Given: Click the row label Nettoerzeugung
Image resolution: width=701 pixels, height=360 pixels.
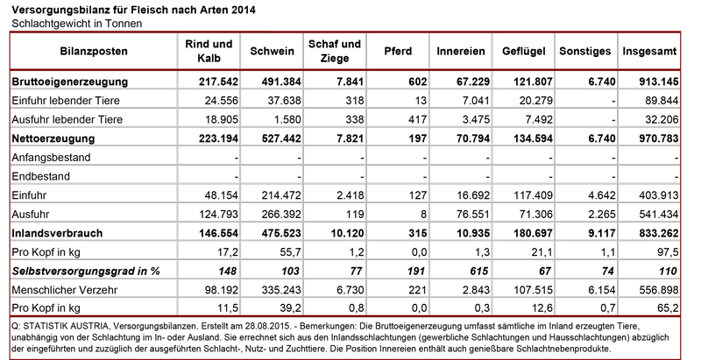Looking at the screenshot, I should (53, 139).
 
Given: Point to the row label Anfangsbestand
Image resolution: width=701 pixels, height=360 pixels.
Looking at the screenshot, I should (50, 158).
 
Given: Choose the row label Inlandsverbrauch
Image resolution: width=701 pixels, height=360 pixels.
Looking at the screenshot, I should (59, 234).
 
